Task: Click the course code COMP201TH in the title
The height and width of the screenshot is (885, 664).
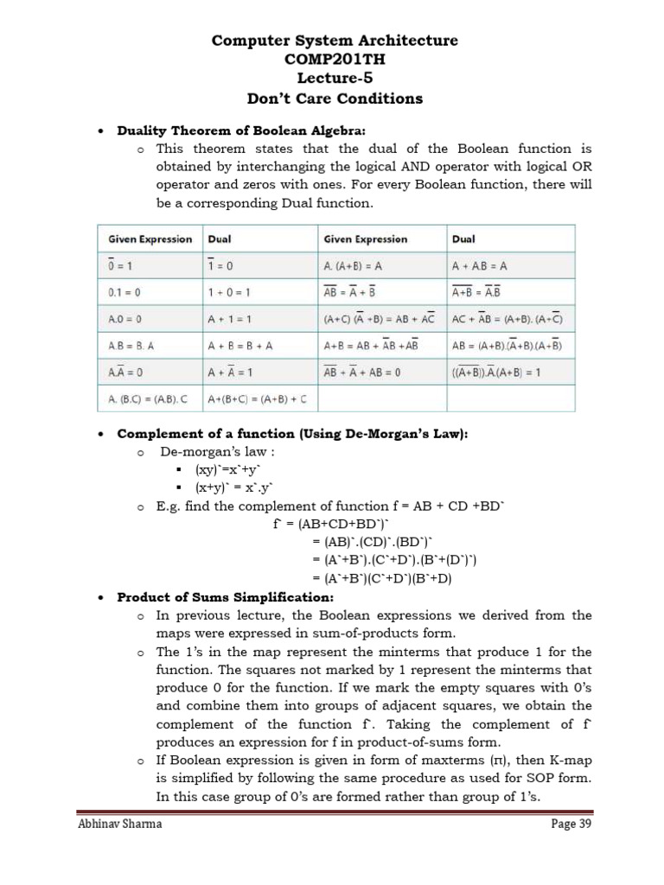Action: [x=334, y=60]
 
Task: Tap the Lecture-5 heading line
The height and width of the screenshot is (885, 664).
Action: [x=334, y=79]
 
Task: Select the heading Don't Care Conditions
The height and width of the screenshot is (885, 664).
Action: [x=334, y=98]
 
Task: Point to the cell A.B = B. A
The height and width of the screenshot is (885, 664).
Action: [x=131, y=346]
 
